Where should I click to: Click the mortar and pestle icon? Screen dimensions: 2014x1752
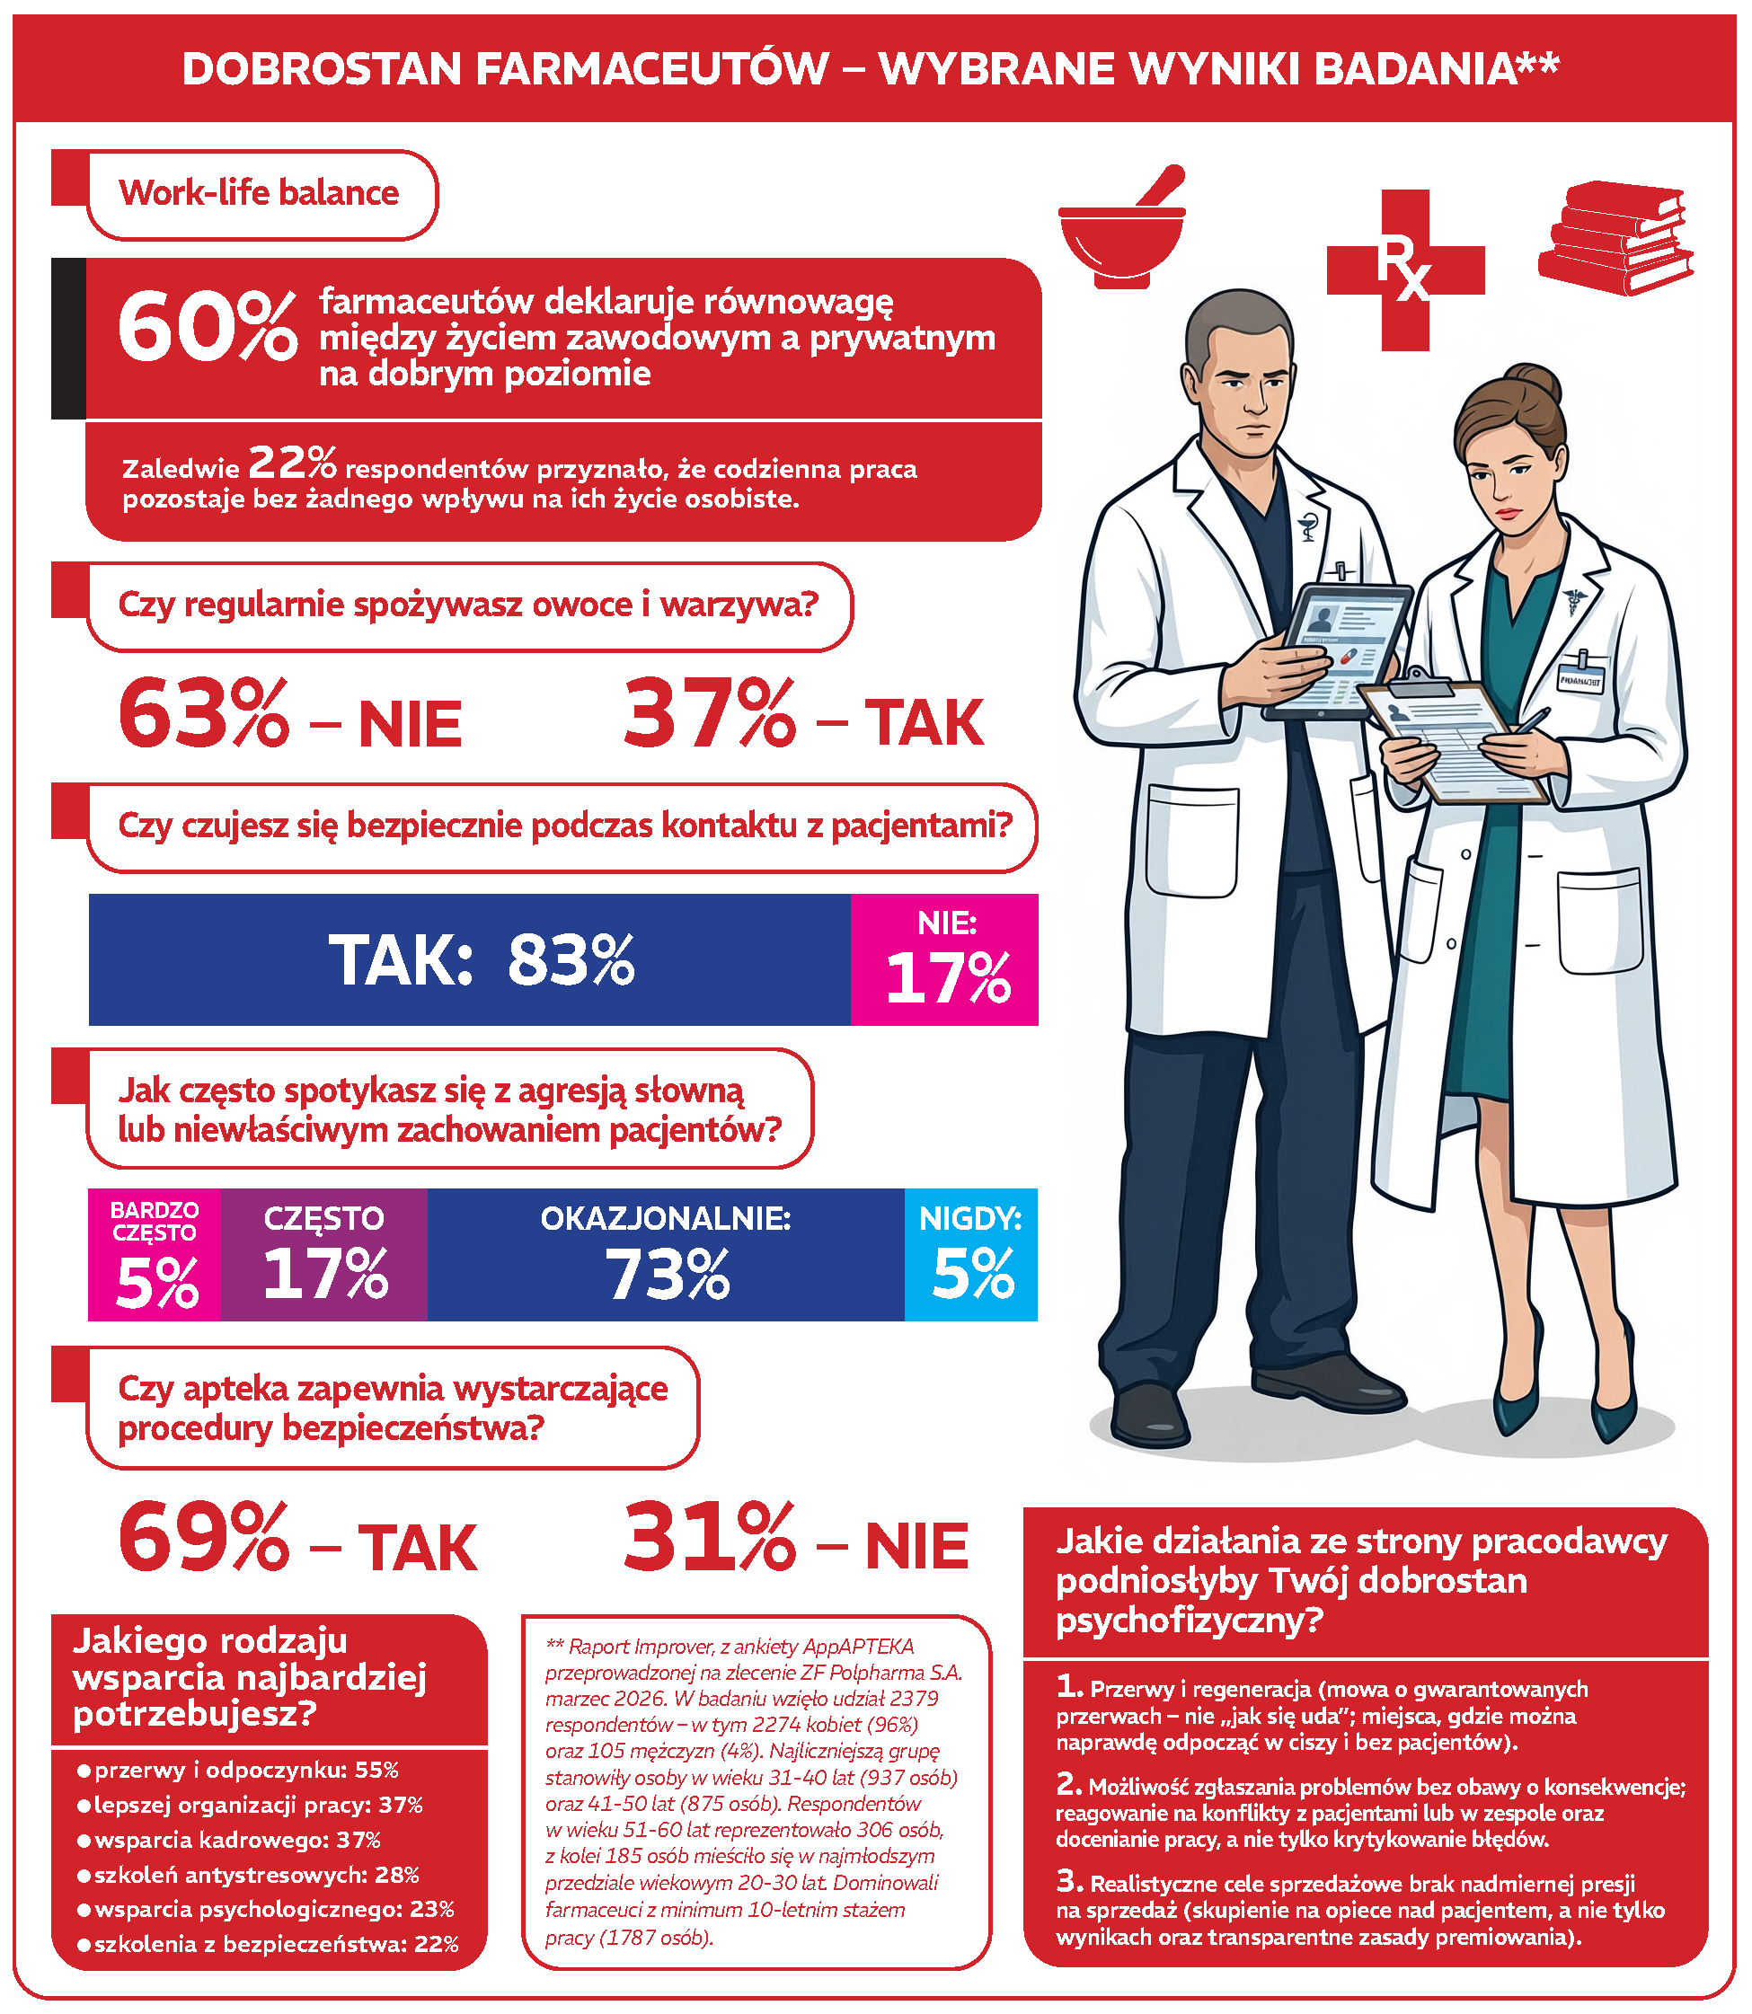1121,234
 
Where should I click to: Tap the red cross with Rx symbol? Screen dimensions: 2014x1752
1405,269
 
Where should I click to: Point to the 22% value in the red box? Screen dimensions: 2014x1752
291,463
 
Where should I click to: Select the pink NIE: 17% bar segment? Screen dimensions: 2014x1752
943,960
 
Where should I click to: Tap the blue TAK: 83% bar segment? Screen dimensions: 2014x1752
469,960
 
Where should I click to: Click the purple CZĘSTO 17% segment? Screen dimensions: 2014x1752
323,1255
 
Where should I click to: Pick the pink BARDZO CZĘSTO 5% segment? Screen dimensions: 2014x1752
155,1255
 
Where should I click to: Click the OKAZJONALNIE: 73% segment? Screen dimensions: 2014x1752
666,1255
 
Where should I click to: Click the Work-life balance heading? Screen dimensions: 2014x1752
259,193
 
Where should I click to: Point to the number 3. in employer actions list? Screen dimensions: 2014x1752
1068,1881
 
